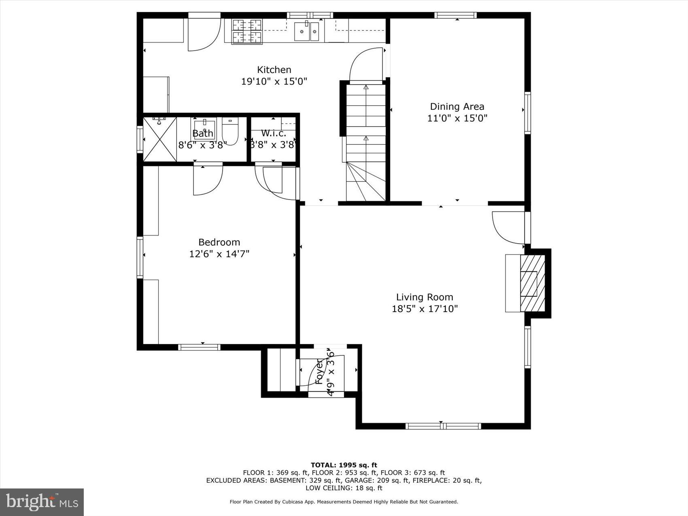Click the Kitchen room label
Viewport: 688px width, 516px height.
point(274,70)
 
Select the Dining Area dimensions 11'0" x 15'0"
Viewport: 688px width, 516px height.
point(457,119)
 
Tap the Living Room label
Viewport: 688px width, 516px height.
point(425,297)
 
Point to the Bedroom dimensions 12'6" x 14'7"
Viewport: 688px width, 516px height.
point(219,254)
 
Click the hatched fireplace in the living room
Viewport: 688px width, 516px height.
point(532,283)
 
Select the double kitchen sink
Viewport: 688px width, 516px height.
point(306,32)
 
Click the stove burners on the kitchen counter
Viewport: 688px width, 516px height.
point(246,31)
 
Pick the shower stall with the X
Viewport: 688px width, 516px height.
point(160,139)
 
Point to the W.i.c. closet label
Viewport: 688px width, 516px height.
point(274,133)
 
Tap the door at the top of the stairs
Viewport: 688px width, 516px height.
point(366,65)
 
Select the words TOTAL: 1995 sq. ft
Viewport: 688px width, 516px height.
point(344,465)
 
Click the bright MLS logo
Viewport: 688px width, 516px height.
point(42,502)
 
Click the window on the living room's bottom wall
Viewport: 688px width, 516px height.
point(443,426)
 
